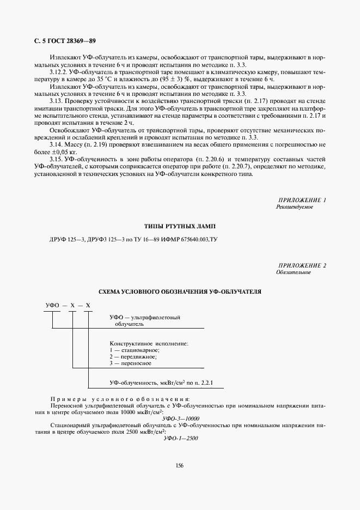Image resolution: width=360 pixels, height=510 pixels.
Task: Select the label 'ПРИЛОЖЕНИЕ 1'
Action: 302,201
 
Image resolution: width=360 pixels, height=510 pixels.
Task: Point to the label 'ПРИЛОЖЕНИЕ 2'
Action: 302,265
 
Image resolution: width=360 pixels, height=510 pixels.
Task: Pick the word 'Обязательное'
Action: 293,272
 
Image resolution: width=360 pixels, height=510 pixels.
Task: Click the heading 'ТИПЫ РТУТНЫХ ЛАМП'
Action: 180,226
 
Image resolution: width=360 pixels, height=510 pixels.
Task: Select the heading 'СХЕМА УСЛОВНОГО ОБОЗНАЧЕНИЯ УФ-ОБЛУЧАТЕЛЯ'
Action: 180,292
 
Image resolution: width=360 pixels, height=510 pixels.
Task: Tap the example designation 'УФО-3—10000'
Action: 180,418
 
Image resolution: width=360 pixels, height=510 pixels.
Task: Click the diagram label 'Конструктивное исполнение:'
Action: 149,343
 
